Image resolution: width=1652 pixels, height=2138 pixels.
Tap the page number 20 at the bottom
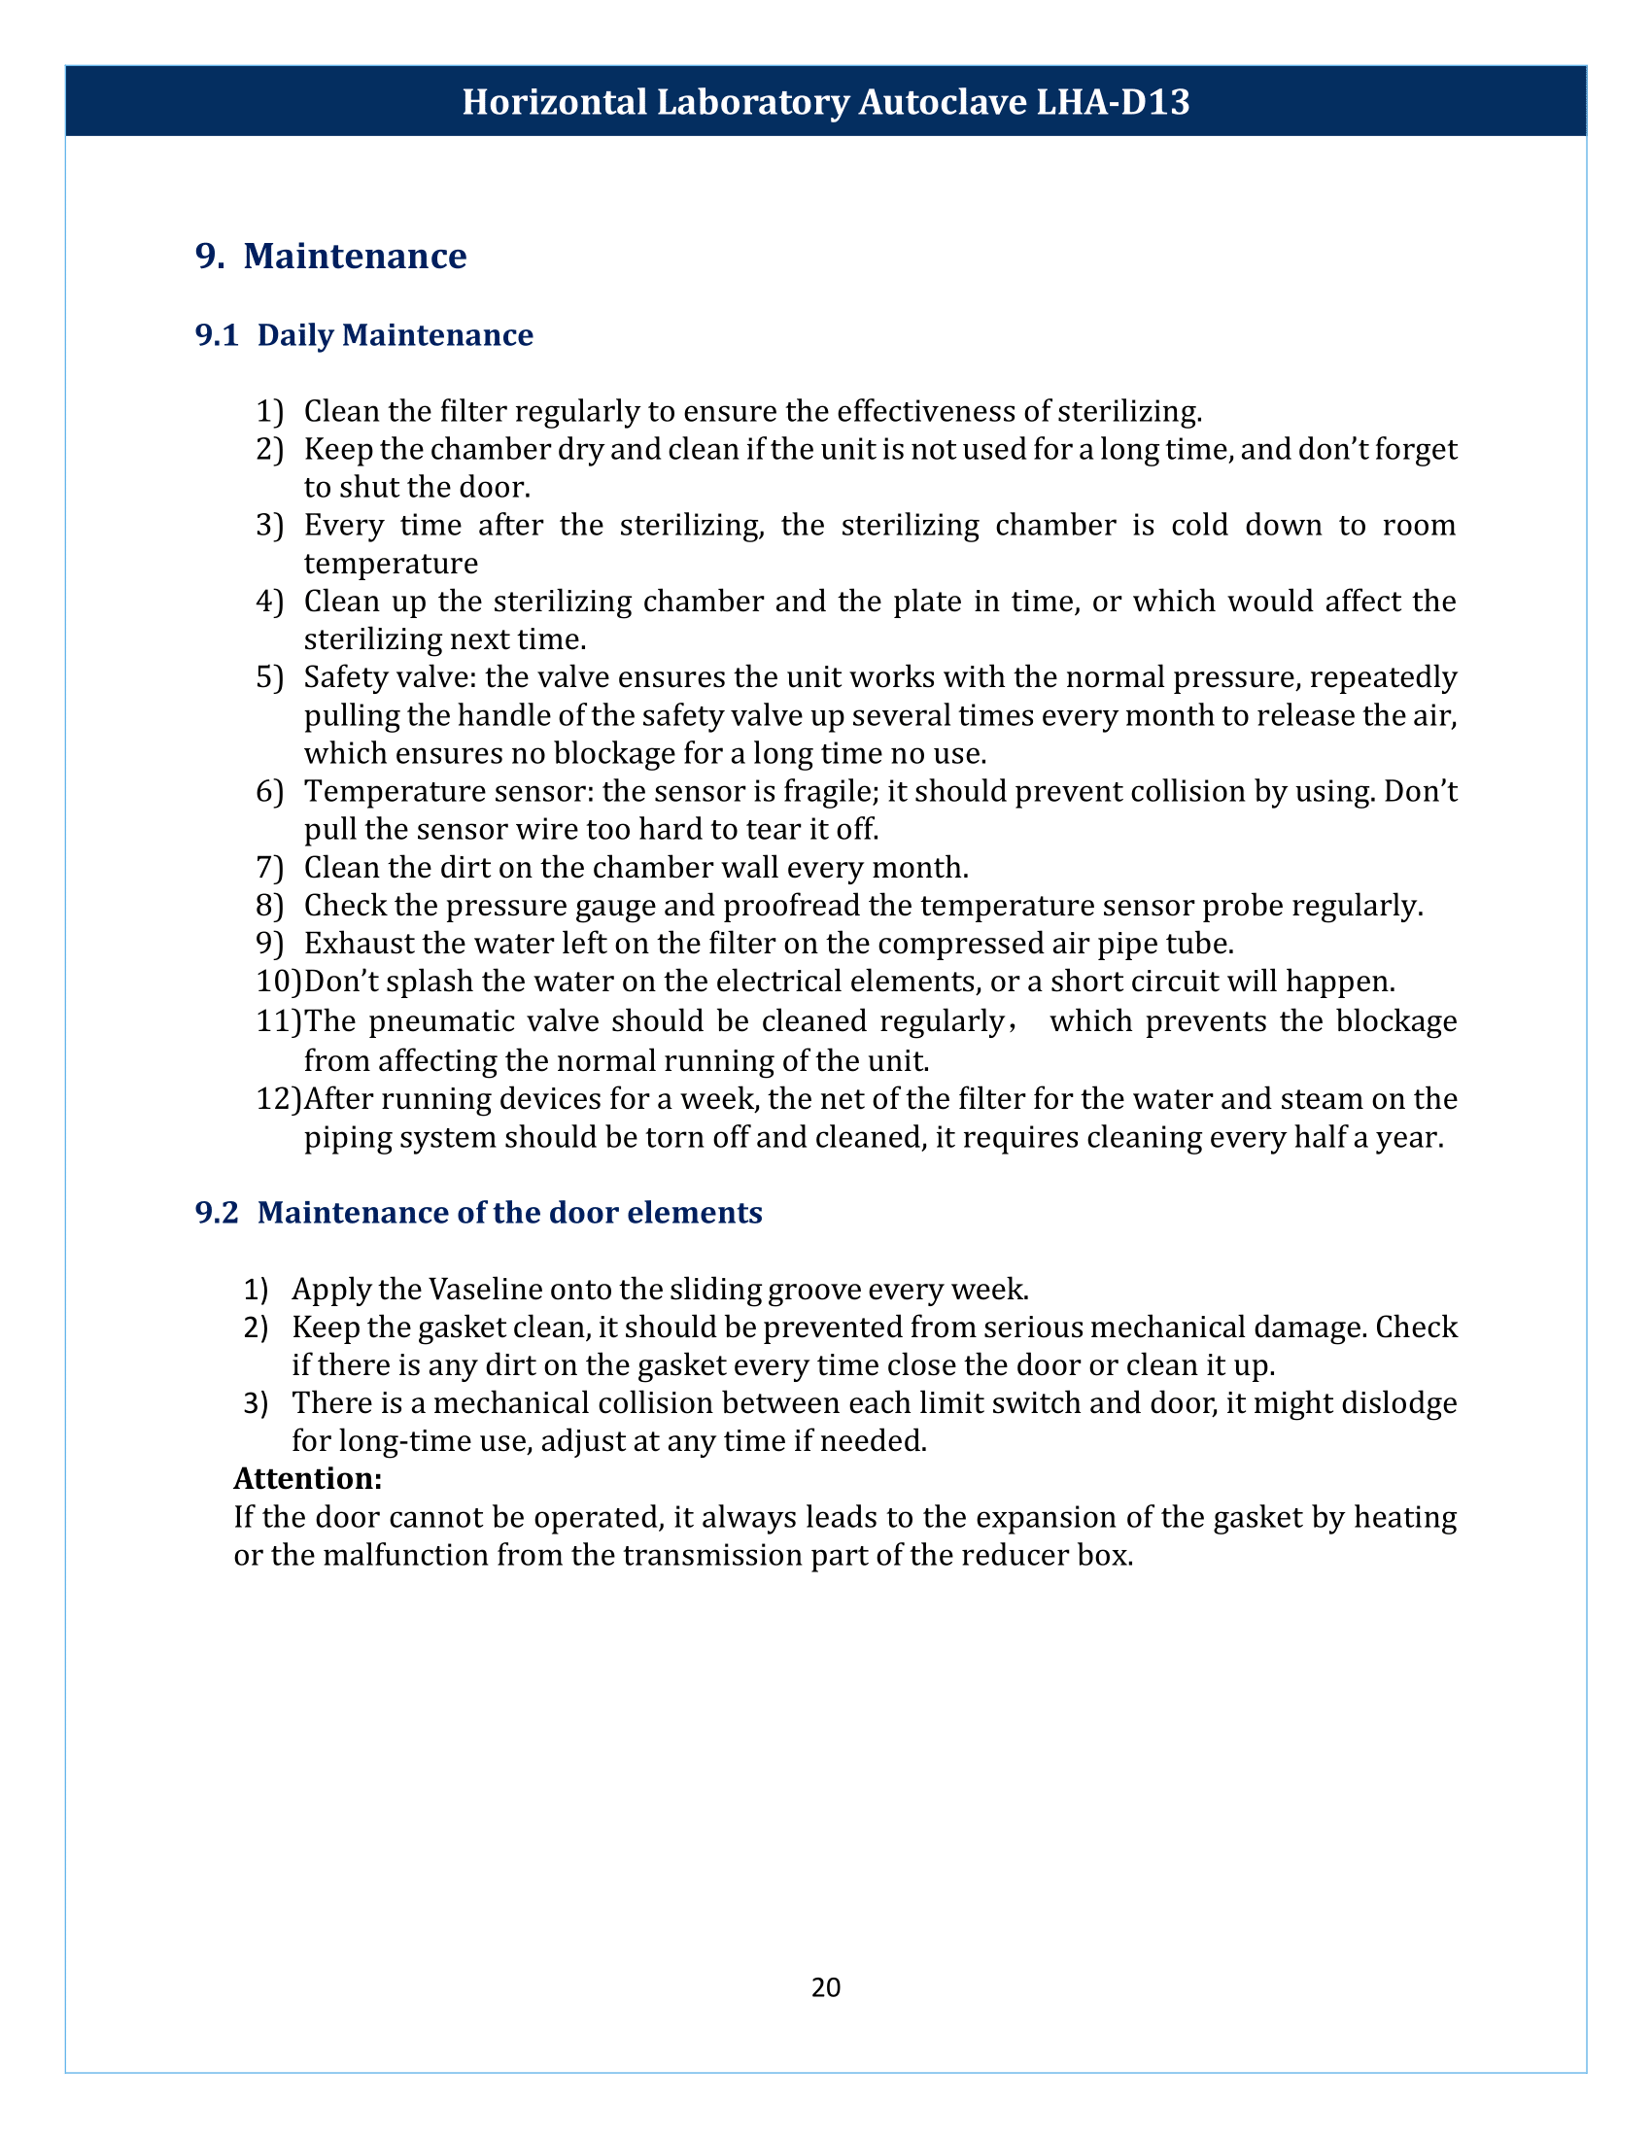pyautogui.click(x=825, y=1986)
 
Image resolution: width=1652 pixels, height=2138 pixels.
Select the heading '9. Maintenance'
pyautogui.click(x=330, y=256)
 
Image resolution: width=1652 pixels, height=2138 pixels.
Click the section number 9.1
pyautogui.click(x=217, y=335)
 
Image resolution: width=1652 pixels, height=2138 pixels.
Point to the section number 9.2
pyautogui.click(x=217, y=1212)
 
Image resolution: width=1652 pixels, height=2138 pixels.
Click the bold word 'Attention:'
pyautogui.click(x=307, y=1477)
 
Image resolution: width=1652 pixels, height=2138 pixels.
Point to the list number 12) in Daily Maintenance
pyautogui.click(x=278, y=1098)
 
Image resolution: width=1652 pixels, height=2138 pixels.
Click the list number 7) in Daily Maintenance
pyautogui.click(x=269, y=867)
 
